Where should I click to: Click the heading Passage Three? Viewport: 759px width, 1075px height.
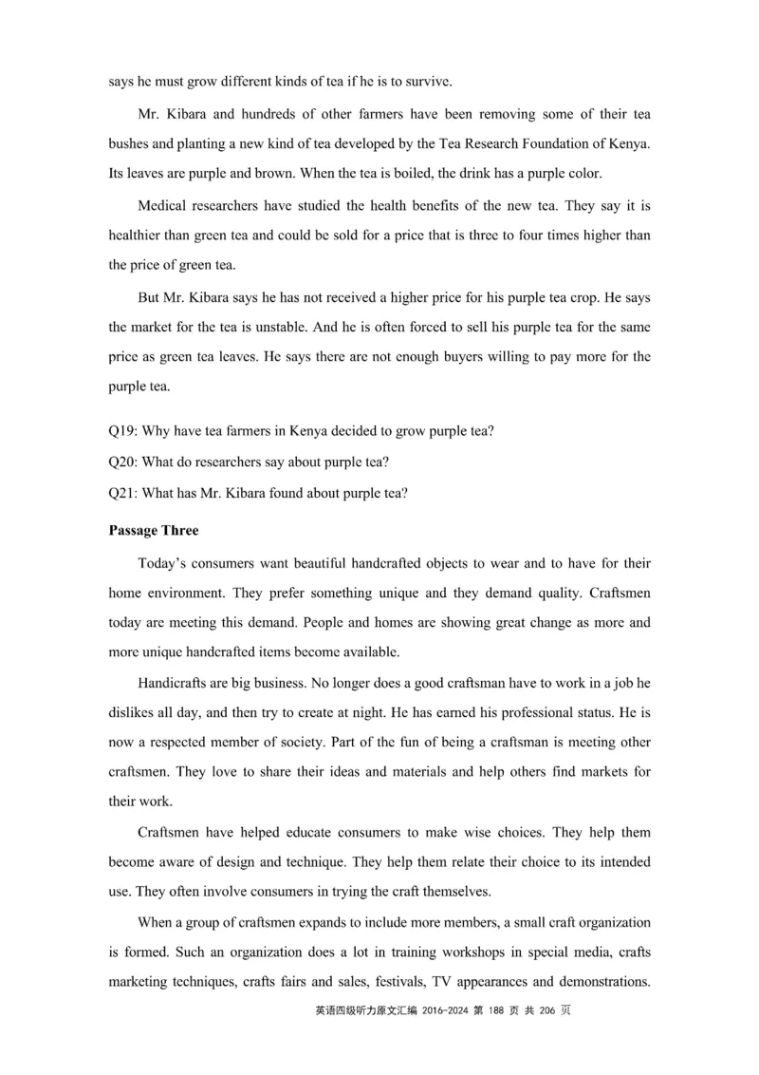[154, 530]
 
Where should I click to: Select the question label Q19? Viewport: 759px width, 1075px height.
[122, 431]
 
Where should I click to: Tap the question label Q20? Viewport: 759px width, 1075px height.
[122, 462]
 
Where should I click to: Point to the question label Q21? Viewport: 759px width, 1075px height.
[122, 492]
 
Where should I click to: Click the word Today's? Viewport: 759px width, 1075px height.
[163, 563]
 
